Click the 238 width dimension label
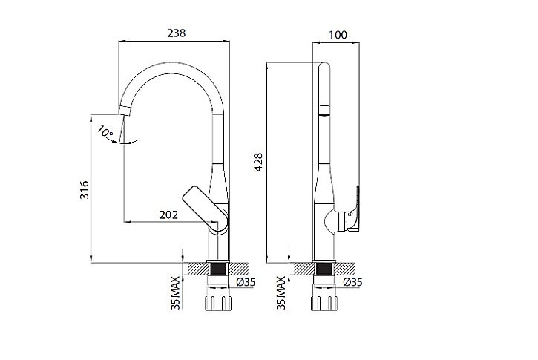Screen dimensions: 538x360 (x=177, y=33)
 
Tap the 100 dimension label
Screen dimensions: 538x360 (x=338, y=35)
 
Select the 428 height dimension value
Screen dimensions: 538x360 (x=258, y=162)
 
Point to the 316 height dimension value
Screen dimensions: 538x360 (x=85, y=190)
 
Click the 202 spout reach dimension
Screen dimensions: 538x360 (x=168, y=215)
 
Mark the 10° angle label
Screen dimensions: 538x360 (x=105, y=131)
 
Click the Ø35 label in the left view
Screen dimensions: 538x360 (x=246, y=282)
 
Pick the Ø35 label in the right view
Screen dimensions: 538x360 (x=352, y=282)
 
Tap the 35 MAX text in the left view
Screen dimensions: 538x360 (x=176, y=292)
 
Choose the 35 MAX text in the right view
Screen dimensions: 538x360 (x=281, y=292)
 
